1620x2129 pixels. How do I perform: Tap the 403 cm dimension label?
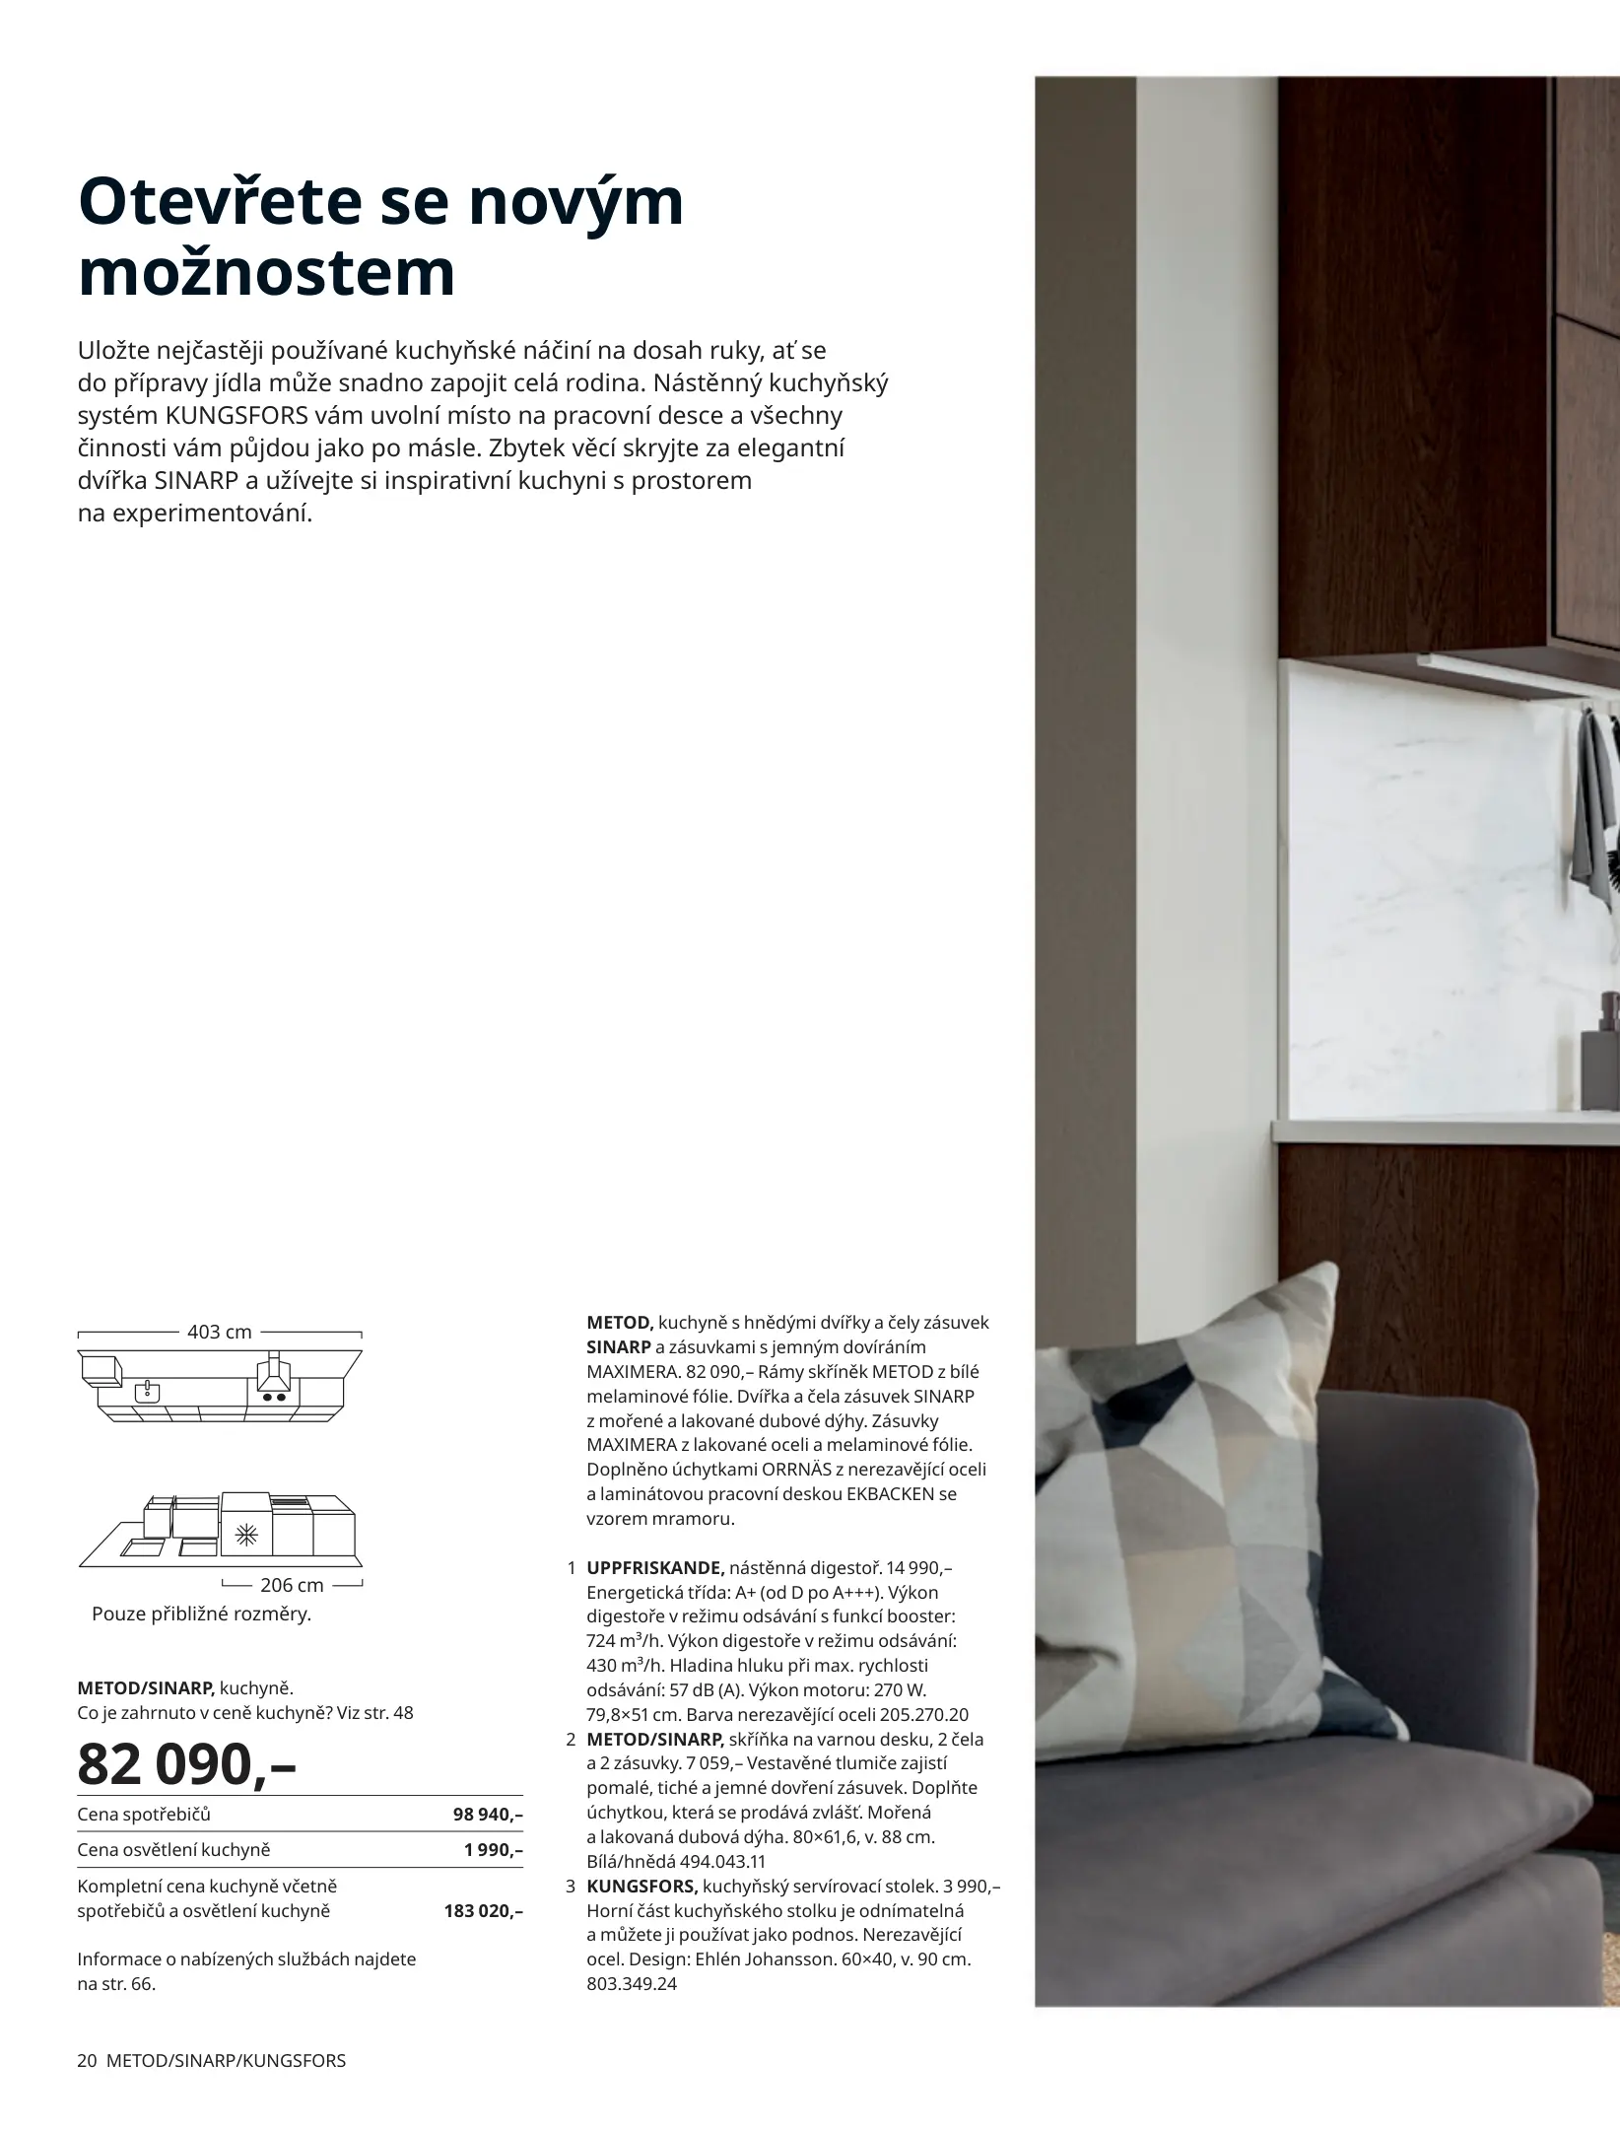coord(219,1333)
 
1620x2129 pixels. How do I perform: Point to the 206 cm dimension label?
coord(292,1585)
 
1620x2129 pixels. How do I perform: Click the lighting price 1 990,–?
coord(493,1850)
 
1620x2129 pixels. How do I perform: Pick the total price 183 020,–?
coord(483,1911)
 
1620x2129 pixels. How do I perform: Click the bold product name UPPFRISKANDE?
coord(655,1568)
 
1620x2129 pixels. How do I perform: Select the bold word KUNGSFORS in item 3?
coord(641,1887)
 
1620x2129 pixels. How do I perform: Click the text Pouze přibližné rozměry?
coord(201,1614)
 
